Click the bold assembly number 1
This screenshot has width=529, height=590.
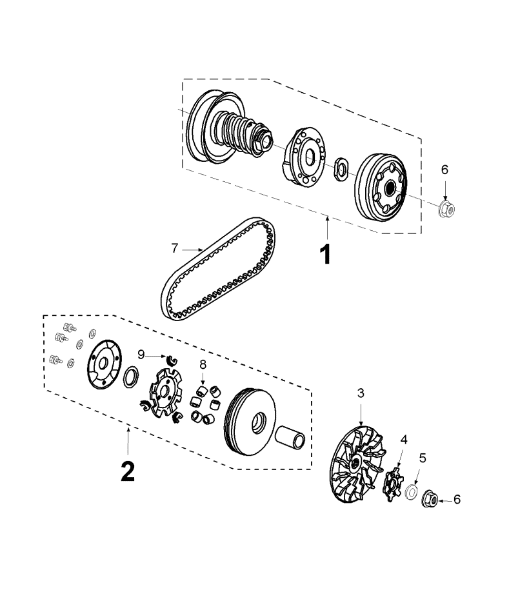[326, 254]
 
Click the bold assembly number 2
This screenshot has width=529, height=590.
[128, 471]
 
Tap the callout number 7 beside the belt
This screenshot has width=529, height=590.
[174, 247]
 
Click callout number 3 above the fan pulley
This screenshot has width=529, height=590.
[361, 392]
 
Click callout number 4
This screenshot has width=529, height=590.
[404, 439]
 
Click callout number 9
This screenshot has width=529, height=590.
[141, 353]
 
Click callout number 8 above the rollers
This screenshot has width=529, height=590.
[203, 364]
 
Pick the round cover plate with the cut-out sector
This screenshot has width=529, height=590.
[103, 365]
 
